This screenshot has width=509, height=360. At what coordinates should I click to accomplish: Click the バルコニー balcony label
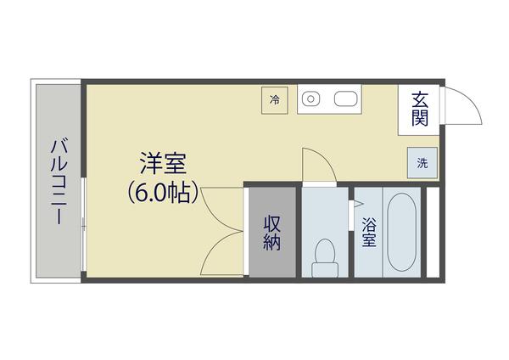pos(58,181)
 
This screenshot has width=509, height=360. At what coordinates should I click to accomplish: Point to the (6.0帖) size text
pos(164,192)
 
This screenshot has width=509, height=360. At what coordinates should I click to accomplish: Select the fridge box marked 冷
pos(275,99)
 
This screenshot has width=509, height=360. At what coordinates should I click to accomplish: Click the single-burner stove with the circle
pos(311,98)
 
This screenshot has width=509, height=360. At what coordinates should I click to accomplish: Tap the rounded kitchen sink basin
pos(344,98)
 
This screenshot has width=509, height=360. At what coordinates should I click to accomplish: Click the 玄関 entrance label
pos(419,109)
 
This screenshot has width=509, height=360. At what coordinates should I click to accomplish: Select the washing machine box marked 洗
pos(422,162)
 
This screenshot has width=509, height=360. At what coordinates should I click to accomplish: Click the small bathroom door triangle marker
pos(356,205)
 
